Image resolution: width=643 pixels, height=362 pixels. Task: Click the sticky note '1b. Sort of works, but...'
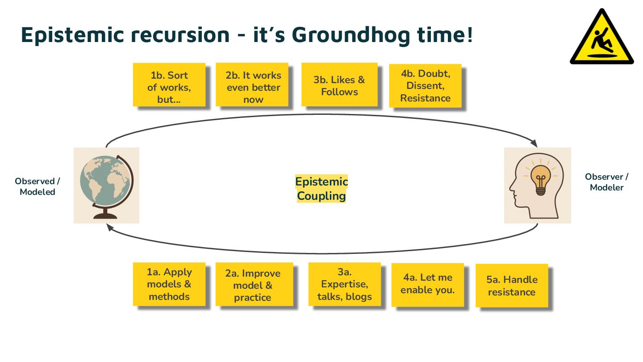point(169,85)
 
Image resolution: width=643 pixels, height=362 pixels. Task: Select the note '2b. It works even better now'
point(252,85)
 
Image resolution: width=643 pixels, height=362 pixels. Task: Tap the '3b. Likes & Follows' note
point(339,85)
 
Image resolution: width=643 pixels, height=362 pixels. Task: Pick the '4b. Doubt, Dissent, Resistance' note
point(425,86)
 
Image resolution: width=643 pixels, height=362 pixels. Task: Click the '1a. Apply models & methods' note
point(169,284)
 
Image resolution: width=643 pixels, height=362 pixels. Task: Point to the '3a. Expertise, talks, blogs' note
point(344,284)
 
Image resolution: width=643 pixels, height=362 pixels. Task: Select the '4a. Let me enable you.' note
point(427,284)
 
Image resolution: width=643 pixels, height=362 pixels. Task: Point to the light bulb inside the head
point(541,178)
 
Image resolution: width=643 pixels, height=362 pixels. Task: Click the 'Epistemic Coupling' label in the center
point(321,189)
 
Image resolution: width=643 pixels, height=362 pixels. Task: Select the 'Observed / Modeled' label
point(38,187)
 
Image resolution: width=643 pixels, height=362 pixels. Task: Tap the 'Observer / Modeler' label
point(607,182)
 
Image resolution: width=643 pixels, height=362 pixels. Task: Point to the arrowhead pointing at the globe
point(109,227)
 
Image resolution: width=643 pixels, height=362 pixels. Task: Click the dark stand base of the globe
point(106,216)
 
